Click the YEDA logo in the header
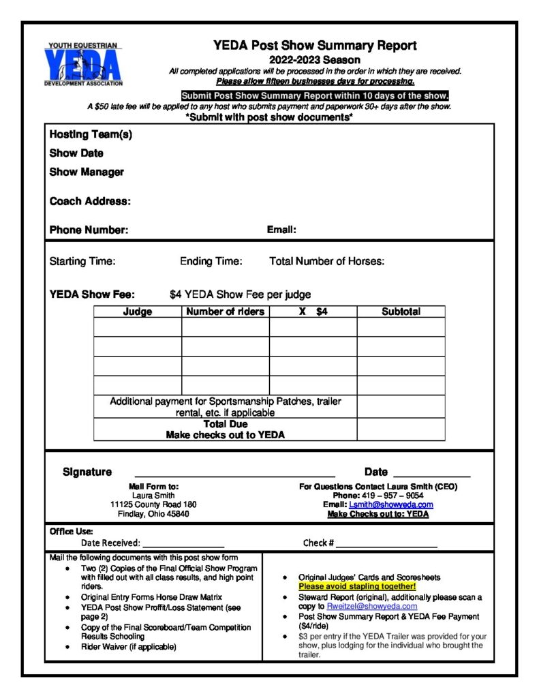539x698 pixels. click(x=82, y=64)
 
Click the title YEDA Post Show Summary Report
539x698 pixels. click(x=314, y=46)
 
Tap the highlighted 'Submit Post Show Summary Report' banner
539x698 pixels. click(x=314, y=95)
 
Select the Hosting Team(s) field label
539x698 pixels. click(x=91, y=135)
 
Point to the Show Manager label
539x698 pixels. click(x=87, y=172)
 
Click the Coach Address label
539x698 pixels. click(x=90, y=202)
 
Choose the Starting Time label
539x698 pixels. click(x=82, y=262)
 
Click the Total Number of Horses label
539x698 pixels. click(x=327, y=262)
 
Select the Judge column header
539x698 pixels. click(x=137, y=312)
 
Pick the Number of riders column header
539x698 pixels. click(x=225, y=312)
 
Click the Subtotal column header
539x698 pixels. click(x=401, y=312)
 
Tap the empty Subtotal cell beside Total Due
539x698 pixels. click(x=401, y=429)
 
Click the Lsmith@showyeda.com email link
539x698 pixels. click(x=391, y=505)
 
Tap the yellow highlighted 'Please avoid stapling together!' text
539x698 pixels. click(x=357, y=586)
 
